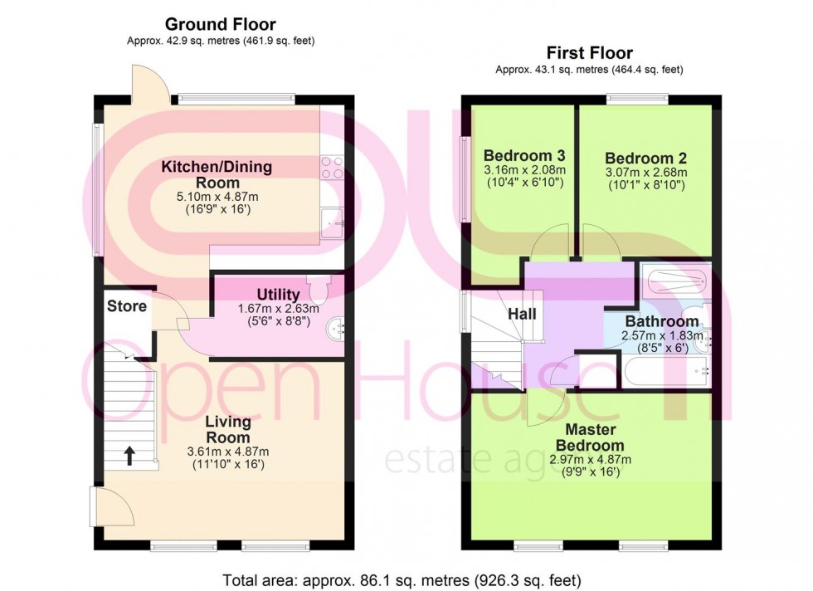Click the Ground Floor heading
click(x=220, y=25)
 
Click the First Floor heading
click(x=589, y=53)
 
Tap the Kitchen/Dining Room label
click(x=217, y=175)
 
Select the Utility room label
click(x=278, y=295)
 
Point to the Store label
click(x=127, y=306)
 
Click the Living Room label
click(x=228, y=429)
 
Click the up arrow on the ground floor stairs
click(x=129, y=454)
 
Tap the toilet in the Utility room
click(x=318, y=288)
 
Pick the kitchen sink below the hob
click(x=333, y=221)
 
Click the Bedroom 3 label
click(x=523, y=156)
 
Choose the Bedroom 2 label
click(x=645, y=159)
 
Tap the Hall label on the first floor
click(x=522, y=314)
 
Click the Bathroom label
click(x=661, y=321)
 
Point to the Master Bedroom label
click(x=590, y=437)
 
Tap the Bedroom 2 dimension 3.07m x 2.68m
click(x=645, y=173)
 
